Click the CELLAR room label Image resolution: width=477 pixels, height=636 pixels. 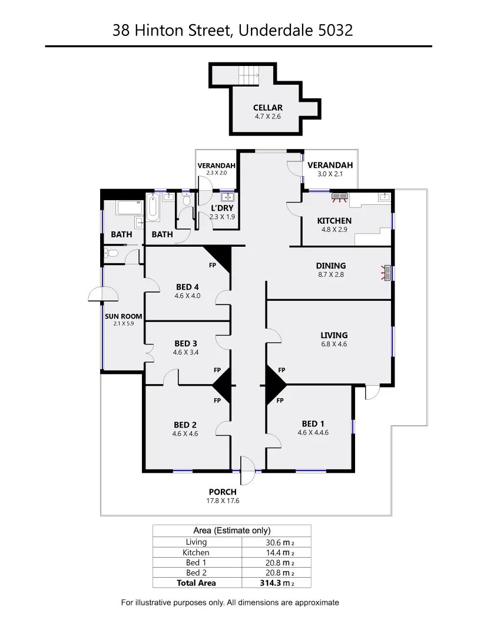point(268,108)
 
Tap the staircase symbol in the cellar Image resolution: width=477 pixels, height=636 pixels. point(249,75)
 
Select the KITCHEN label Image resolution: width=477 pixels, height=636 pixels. point(334,221)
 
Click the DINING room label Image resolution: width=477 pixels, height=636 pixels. point(330,266)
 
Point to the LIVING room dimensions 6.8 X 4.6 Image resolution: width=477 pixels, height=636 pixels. point(334,344)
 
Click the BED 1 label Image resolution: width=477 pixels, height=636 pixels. point(313,423)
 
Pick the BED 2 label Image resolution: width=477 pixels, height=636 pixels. point(185,425)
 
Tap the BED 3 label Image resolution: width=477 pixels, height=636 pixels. point(185,343)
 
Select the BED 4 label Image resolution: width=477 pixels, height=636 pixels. point(187,287)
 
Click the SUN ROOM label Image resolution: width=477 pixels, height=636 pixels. point(124,316)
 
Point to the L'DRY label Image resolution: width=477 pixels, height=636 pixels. point(223,208)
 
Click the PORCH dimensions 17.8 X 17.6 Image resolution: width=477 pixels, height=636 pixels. point(222,501)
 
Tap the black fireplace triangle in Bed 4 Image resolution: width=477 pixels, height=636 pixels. point(219,256)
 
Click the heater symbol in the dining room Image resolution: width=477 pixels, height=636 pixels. point(387,273)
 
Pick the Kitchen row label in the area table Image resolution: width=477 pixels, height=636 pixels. point(196,552)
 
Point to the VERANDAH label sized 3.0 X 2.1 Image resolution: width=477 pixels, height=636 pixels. point(330,165)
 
